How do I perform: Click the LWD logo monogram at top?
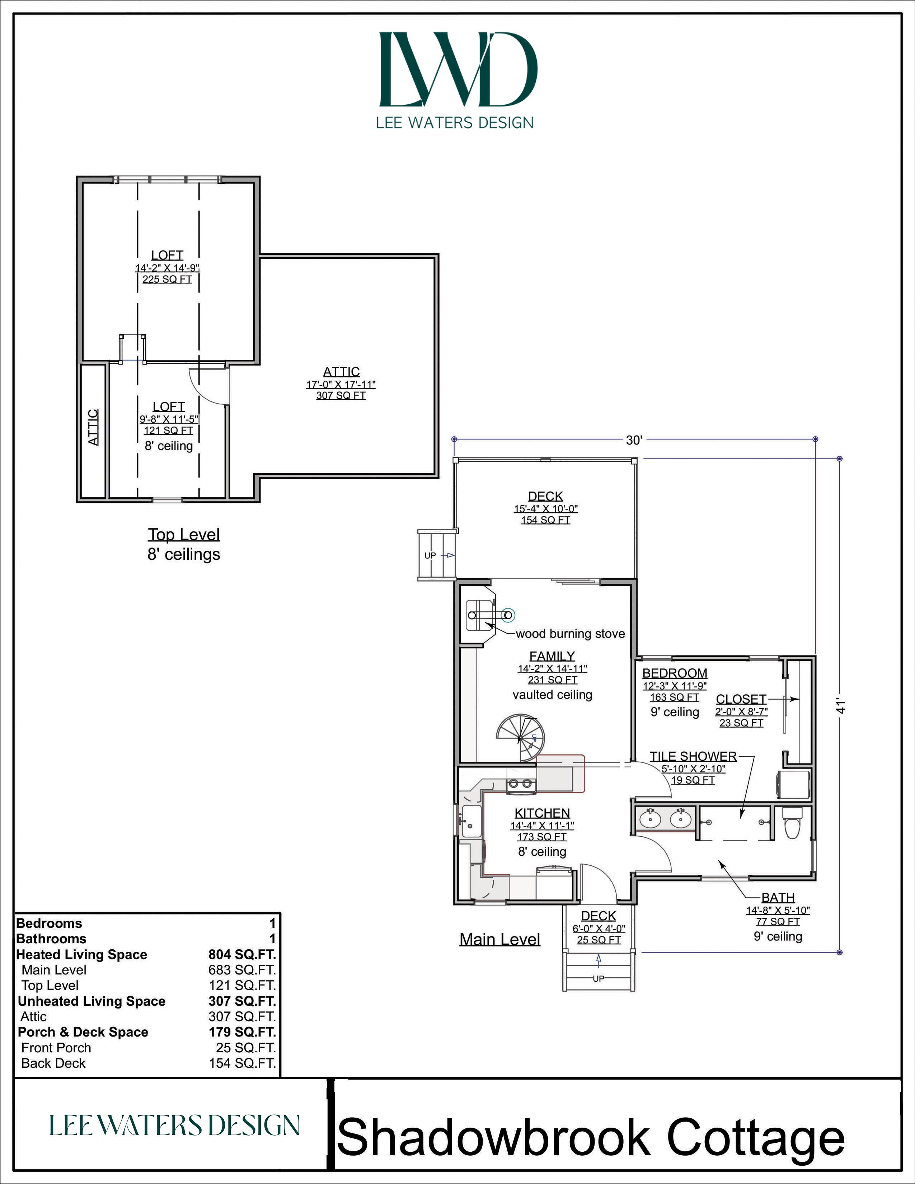point(458,69)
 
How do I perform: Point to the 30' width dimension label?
point(634,440)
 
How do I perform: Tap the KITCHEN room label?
point(542,813)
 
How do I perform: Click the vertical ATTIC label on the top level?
point(93,427)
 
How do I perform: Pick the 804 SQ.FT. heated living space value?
point(242,954)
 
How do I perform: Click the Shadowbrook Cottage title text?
point(591,1137)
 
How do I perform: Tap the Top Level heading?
point(184,535)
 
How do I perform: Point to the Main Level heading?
point(500,940)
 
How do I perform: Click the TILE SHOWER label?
point(693,756)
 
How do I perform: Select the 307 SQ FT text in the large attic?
point(341,396)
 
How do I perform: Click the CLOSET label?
point(741,699)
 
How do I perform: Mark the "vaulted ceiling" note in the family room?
point(552,695)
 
